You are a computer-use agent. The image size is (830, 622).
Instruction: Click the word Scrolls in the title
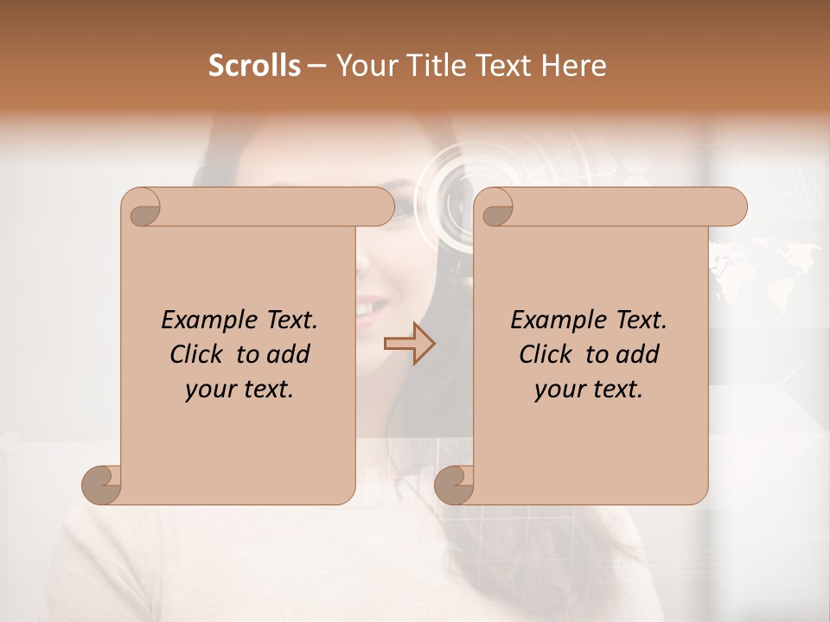pyautogui.click(x=255, y=66)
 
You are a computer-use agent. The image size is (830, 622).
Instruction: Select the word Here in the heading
pyautogui.click(x=571, y=66)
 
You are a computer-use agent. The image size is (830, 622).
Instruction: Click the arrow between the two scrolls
pyautogui.click(x=409, y=343)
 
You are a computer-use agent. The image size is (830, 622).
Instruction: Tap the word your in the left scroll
pyautogui.click(x=210, y=390)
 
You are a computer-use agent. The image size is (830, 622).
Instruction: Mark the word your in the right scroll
pyautogui.click(x=559, y=390)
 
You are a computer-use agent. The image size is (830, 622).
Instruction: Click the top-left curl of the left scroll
pyautogui.click(x=141, y=207)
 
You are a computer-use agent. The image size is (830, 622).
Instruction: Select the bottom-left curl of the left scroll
pyautogui.click(x=102, y=485)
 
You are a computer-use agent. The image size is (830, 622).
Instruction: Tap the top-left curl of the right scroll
pyautogui.click(x=494, y=207)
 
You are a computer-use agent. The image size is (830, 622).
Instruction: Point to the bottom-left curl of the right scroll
pyautogui.click(x=454, y=485)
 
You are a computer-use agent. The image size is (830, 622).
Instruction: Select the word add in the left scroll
pyautogui.click(x=288, y=354)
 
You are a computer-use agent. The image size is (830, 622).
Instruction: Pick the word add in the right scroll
pyautogui.click(x=637, y=354)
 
